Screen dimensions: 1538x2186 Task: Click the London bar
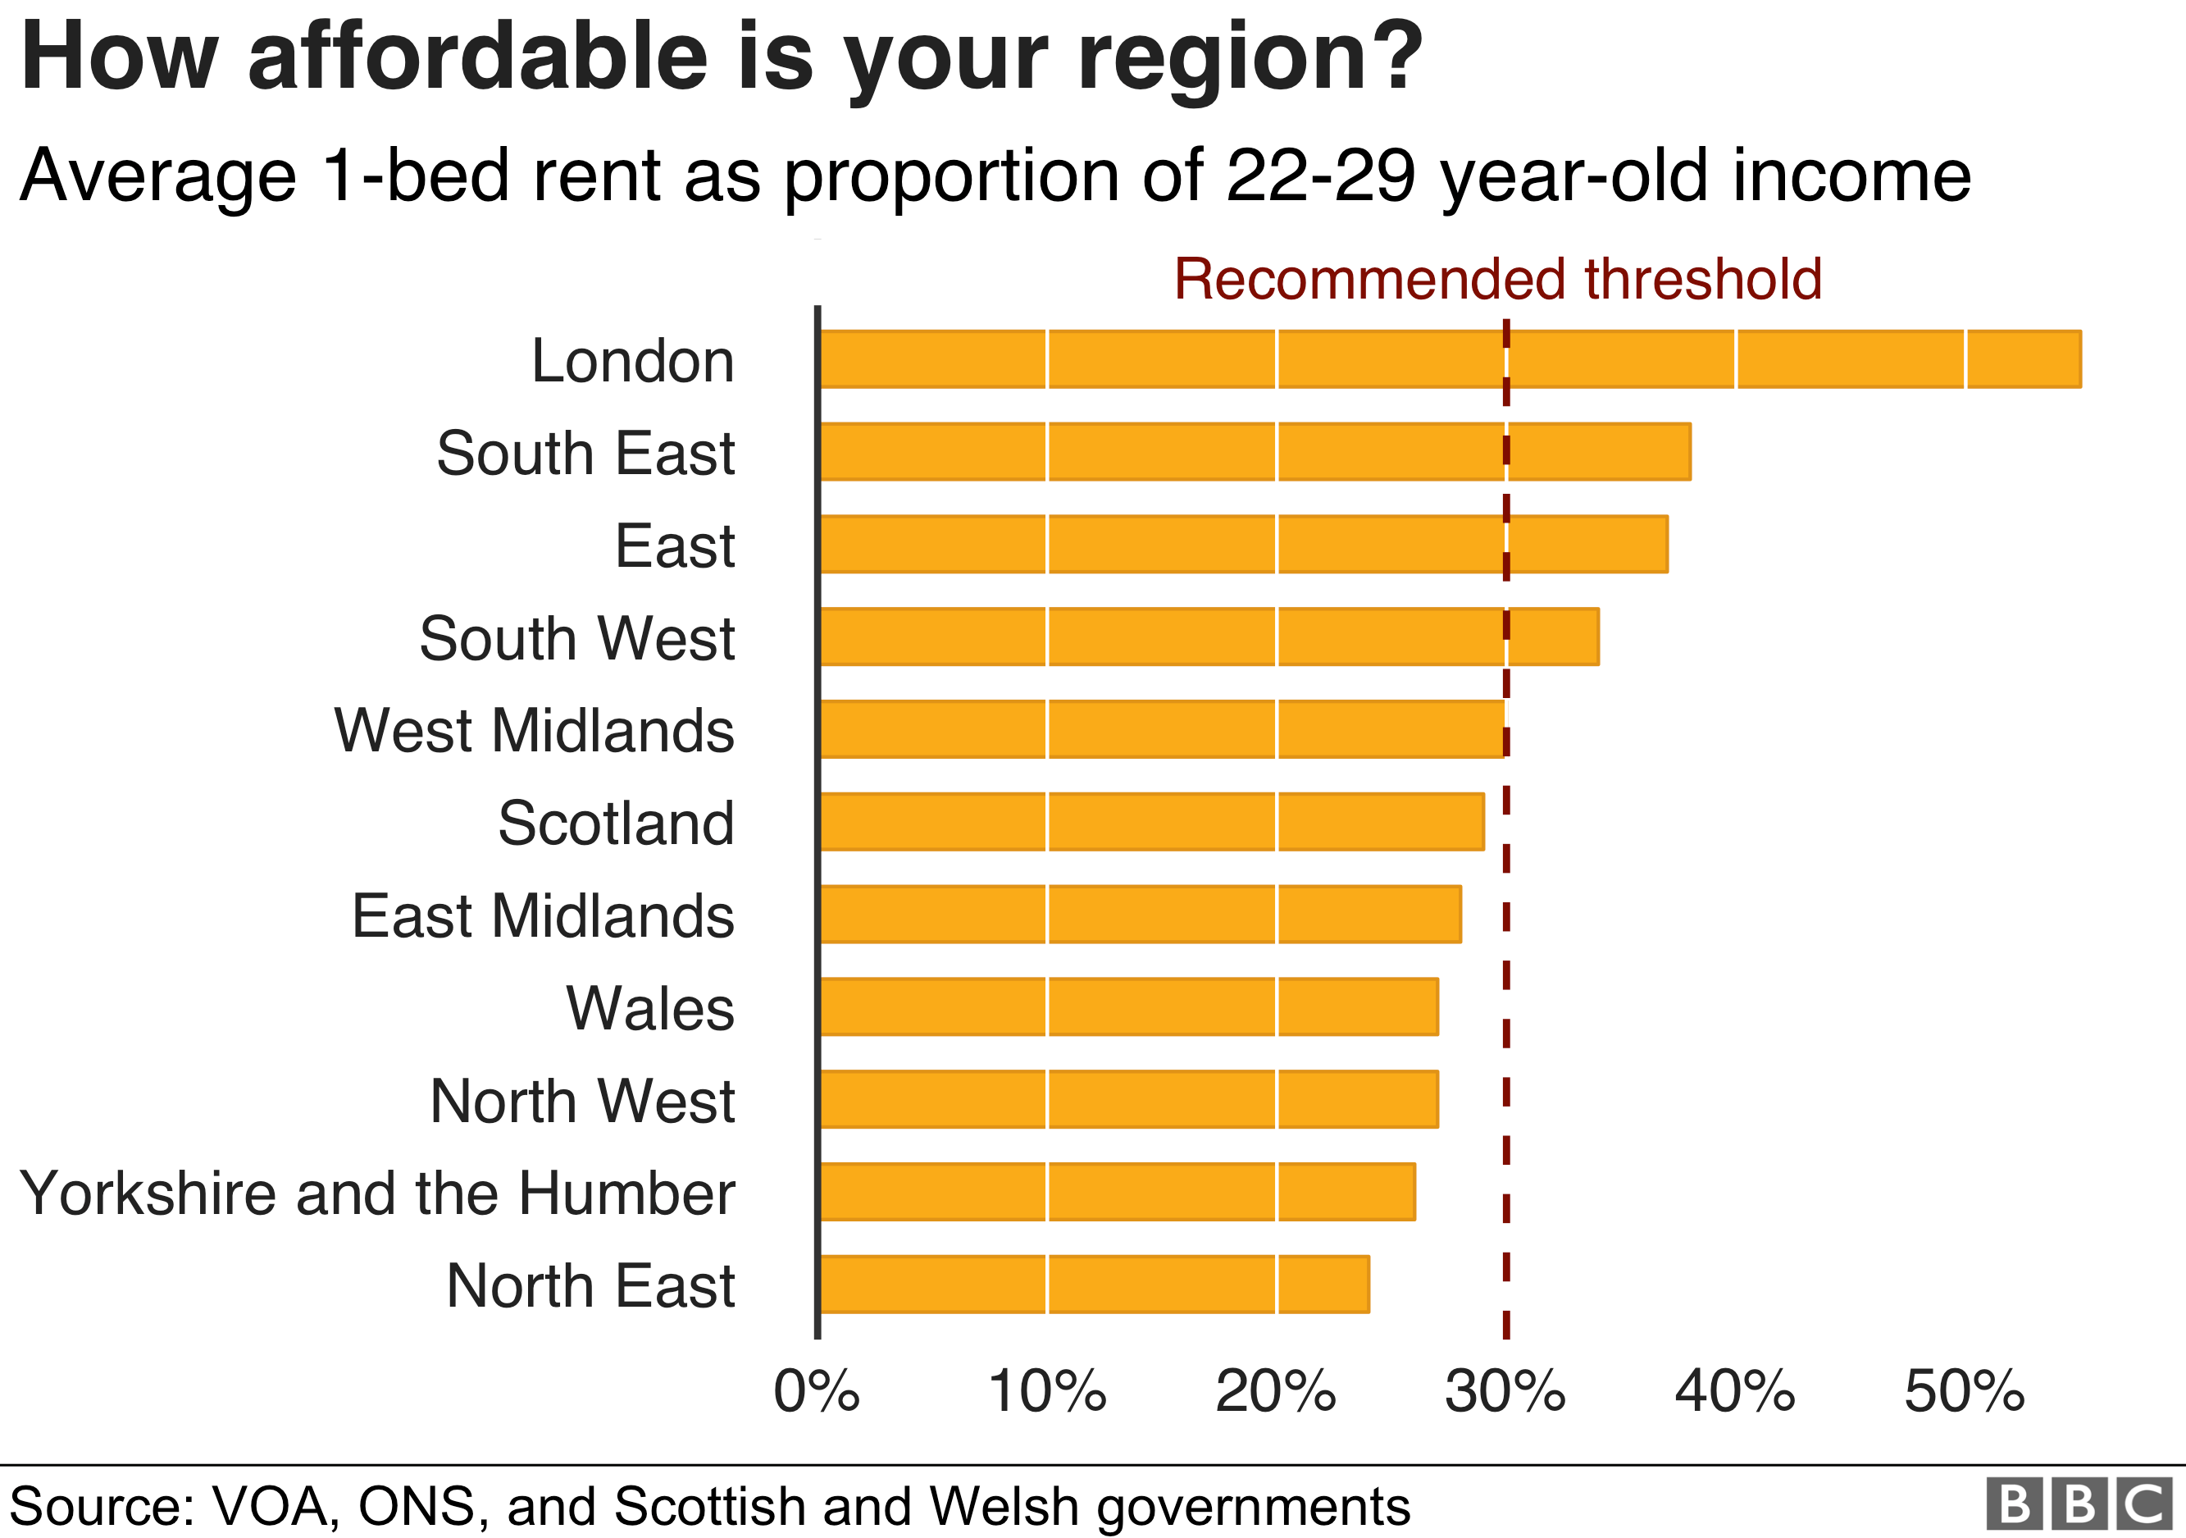coord(1447,359)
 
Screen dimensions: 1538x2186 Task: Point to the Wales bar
coord(1127,1006)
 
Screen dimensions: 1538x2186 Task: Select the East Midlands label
coord(543,915)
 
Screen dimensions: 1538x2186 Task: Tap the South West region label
coord(577,638)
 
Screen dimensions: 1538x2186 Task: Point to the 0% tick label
coord(816,1391)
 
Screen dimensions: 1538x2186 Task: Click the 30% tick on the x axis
coord(1505,1391)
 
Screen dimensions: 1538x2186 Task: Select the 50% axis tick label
coord(1963,1391)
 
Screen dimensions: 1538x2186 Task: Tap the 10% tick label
coord(1046,1391)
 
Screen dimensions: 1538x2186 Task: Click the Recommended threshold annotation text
coord(1496,279)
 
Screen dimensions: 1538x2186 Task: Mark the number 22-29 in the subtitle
coord(1319,176)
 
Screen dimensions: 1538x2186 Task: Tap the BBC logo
coord(2079,1504)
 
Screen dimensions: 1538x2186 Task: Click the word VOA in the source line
coord(270,1507)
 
